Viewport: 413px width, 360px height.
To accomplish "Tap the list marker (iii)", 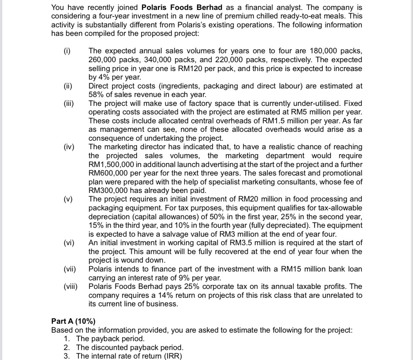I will pos(67,103).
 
